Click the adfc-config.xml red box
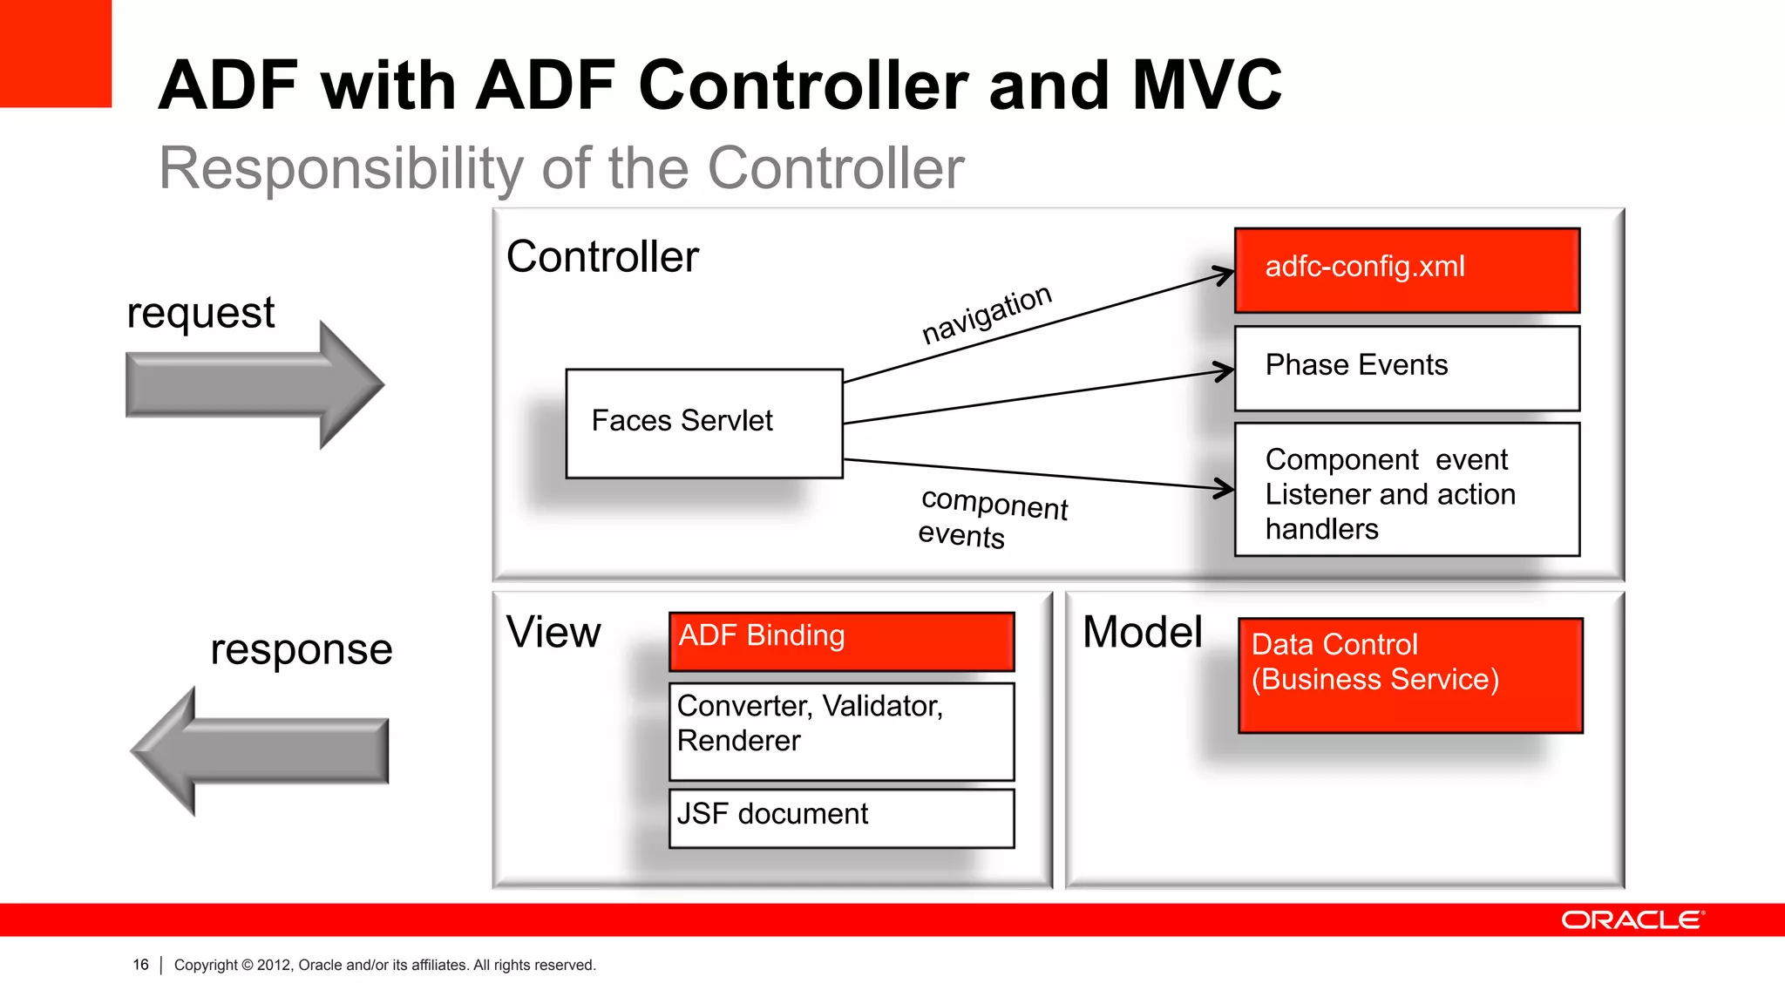pyautogui.click(x=1407, y=270)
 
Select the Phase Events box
pyautogui.click(x=1407, y=368)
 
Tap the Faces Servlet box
pyautogui.click(x=704, y=424)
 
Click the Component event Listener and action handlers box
pyautogui.click(x=1407, y=490)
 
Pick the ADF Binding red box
pyautogui.click(x=841, y=641)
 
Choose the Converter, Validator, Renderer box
pyautogui.click(x=841, y=731)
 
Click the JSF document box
pyautogui.click(x=841, y=817)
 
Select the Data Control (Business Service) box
pyautogui.click(x=1409, y=675)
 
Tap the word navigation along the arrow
pyautogui.click(x=987, y=314)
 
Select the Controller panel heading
pyautogui.click(x=602, y=257)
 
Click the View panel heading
pyautogui.click(x=553, y=632)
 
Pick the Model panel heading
pyautogui.click(x=1142, y=632)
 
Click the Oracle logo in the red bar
pyautogui.click(x=1632, y=920)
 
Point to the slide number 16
pyautogui.click(x=140, y=965)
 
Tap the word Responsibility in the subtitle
pyautogui.click(x=340, y=168)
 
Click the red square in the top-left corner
pyautogui.click(x=55, y=52)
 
